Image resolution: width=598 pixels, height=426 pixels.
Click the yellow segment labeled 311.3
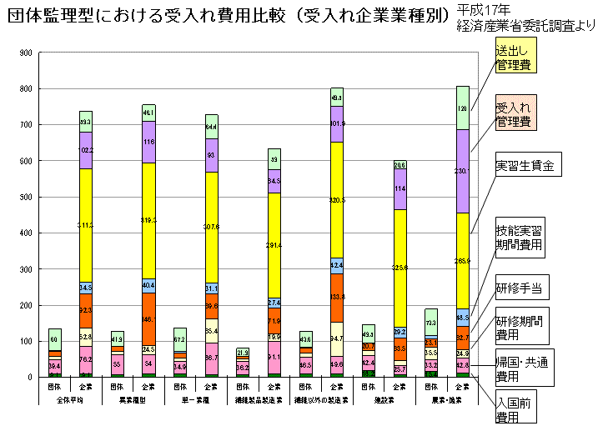pos(85,225)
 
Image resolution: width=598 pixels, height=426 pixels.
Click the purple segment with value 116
pos(148,142)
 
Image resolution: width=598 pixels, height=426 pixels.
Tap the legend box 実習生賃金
pos(525,163)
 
